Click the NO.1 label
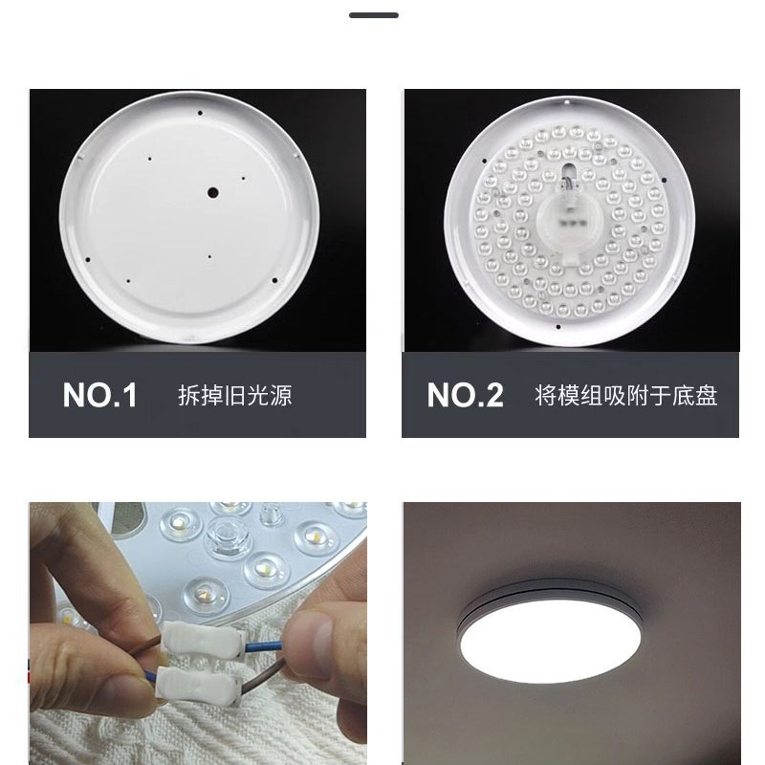tap(100, 395)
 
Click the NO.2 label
tap(465, 395)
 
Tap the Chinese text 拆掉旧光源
tap(234, 395)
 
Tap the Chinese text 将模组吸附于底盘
tap(625, 395)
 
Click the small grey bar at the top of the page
tap(373, 15)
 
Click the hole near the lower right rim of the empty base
tap(274, 280)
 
